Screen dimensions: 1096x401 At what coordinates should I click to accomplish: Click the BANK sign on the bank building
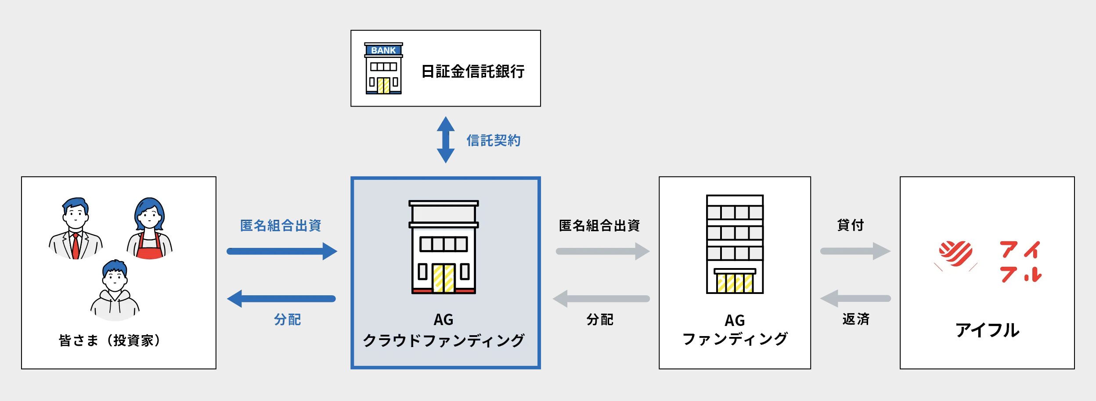click(383, 50)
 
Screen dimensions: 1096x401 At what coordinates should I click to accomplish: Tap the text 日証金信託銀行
click(473, 72)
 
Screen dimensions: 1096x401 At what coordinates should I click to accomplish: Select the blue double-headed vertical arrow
click(446, 140)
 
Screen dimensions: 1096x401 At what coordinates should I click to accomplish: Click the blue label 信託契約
click(494, 140)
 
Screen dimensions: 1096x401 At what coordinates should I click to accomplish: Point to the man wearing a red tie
click(76, 229)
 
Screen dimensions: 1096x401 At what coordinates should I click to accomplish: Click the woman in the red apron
click(150, 229)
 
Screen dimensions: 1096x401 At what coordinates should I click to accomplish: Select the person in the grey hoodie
click(115, 290)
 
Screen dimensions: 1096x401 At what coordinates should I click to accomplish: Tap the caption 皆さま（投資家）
click(110, 340)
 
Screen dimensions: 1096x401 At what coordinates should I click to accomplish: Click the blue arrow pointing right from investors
click(282, 251)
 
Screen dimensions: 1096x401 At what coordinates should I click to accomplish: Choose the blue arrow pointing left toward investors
click(281, 299)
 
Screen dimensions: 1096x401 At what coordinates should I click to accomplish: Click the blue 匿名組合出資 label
click(281, 226)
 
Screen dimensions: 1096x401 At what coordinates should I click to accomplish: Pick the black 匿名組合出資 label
click(599, 226)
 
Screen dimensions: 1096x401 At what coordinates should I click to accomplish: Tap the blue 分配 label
click(288, 319)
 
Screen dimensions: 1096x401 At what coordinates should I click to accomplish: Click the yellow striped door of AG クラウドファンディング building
click(443, 278)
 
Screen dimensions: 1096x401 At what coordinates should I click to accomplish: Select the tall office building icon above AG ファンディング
click(735, 244)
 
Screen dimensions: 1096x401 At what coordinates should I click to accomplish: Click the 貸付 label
click(851, 225)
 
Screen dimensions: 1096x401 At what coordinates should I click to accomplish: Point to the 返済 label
click(856, 319)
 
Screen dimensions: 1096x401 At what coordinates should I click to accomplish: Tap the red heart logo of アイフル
click(955, 254)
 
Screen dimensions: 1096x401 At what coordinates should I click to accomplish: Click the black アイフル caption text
click(988, 330)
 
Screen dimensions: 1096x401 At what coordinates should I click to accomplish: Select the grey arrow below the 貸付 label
click(855, 251)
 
